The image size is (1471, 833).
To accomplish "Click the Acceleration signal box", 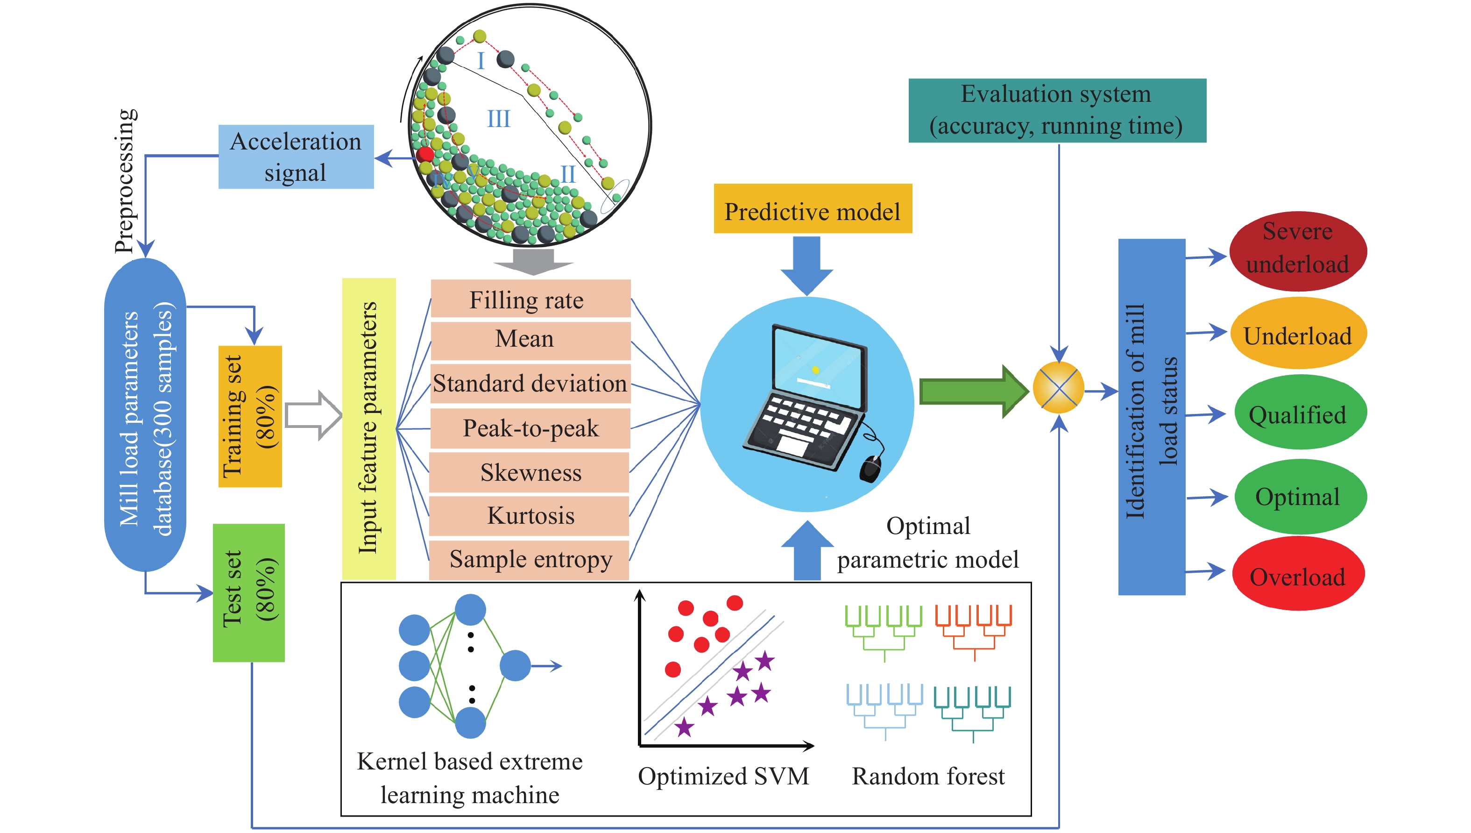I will coord(296,157).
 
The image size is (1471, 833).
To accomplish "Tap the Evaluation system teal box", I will coord(1056,110).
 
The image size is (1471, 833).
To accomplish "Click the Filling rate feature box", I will coord(530,299).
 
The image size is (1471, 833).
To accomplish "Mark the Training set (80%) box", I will coord(250,416).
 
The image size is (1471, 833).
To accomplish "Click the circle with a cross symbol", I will coord(1058,388).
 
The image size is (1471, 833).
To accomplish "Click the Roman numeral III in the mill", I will coord(498,119).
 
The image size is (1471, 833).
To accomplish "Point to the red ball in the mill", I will coord(425,154).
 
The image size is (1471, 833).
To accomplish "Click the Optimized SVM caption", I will coord(723,776).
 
